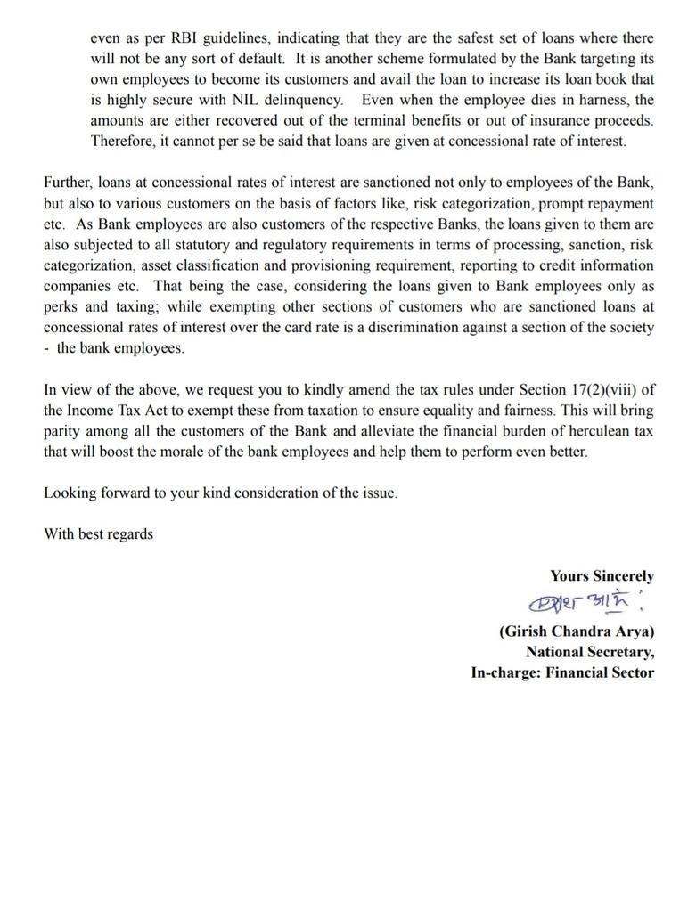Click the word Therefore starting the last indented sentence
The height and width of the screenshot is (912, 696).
point(123,141)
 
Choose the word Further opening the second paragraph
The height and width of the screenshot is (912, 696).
point(69,183)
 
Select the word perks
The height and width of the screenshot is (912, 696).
point(62,307)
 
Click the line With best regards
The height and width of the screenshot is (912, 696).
point(98,534)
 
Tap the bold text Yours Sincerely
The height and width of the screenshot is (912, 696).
point(602,576)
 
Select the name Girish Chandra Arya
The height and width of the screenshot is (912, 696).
point(577,631)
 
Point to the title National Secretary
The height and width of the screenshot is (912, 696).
point(589,652)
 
